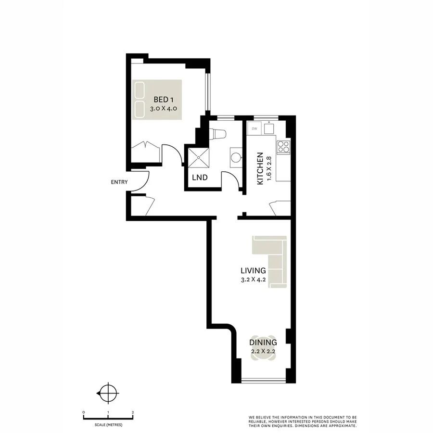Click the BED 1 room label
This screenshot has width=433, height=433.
tap(164, 100)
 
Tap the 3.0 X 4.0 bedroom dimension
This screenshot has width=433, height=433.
tap(164, 109)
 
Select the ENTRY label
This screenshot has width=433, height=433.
tap(119, 182)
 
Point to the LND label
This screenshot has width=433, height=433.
tap(200, 178)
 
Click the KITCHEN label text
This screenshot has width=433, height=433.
tap(260, 169)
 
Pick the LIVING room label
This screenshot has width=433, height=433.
tap(254, 270)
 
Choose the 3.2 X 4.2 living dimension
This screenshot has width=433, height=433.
tap(254, 279)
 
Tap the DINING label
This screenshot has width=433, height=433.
tap(263, 343)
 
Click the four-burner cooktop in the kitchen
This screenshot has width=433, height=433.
tap(283, 146)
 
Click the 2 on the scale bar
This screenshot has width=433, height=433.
tap(132, 412)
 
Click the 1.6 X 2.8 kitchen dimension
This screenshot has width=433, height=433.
tap(269, 169)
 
